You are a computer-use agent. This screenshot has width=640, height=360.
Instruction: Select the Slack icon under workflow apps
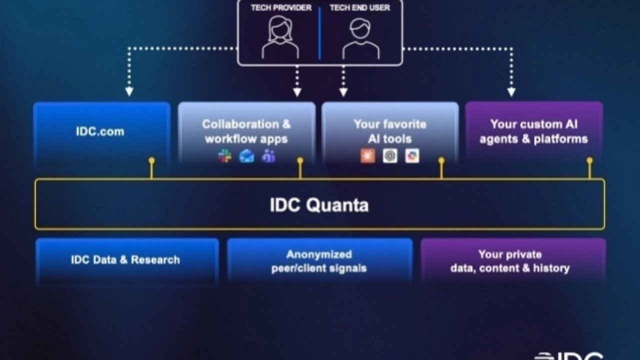pos(224,156)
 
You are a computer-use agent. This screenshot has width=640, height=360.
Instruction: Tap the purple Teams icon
pos(268,156)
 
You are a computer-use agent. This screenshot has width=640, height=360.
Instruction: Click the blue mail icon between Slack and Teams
pos(246,156)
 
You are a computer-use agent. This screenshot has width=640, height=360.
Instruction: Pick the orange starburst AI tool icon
pos(367,156)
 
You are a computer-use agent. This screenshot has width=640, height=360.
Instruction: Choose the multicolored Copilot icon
pos(412,156)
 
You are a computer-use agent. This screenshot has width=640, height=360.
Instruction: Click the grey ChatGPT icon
pos(390,156)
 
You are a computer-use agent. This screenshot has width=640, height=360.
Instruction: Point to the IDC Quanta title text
pos(319,205)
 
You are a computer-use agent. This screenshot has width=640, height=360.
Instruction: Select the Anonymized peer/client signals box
pos(319,261)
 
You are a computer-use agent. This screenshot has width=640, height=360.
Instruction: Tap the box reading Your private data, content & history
pos(510,261)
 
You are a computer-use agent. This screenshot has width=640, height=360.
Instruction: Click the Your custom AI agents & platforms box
pos(533,131)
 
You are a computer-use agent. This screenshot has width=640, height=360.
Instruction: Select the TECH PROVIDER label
pos(281,8)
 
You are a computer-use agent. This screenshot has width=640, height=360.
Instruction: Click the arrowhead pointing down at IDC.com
pos(129,92)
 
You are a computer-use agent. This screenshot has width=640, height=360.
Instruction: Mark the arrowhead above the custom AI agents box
pos(511,92)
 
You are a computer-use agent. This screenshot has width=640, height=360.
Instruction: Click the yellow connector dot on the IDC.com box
pos(151,161)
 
